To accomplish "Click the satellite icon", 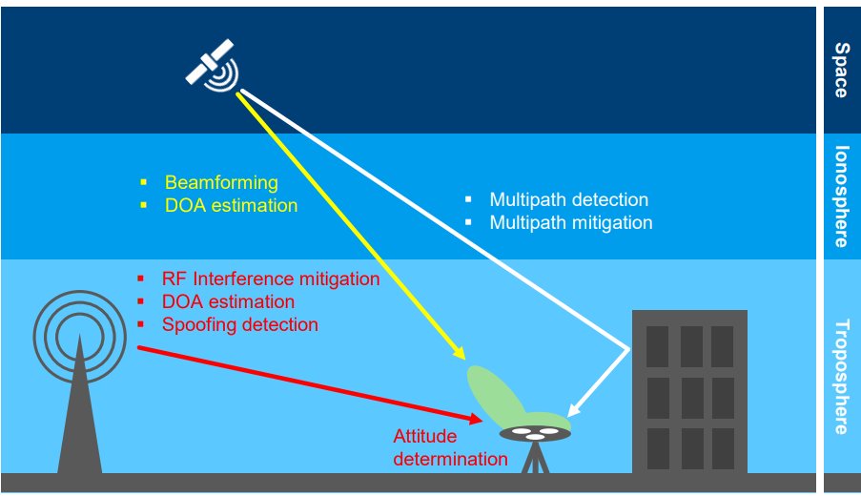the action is coord(213,66).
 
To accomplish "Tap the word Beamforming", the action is coord(221,182).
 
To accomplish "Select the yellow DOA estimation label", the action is coord(231,205).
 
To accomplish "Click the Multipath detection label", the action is coord(569,199).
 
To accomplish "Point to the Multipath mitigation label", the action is coord(571,222).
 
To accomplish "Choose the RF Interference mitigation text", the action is coord(271,279).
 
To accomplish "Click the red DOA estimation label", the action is coord(229,301).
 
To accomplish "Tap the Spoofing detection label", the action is coord(240,324).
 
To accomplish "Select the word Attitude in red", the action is coord(425,436).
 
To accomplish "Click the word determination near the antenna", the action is coord(450,459).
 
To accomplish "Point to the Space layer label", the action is coord(841,71).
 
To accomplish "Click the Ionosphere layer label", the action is coord(841,196).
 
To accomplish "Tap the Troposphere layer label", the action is coord(841,378).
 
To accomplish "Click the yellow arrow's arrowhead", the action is coord(459,353).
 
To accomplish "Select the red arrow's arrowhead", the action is coord(476,419).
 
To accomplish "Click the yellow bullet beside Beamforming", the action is coord(144,182).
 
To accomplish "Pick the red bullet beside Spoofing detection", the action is coord(140,324).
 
